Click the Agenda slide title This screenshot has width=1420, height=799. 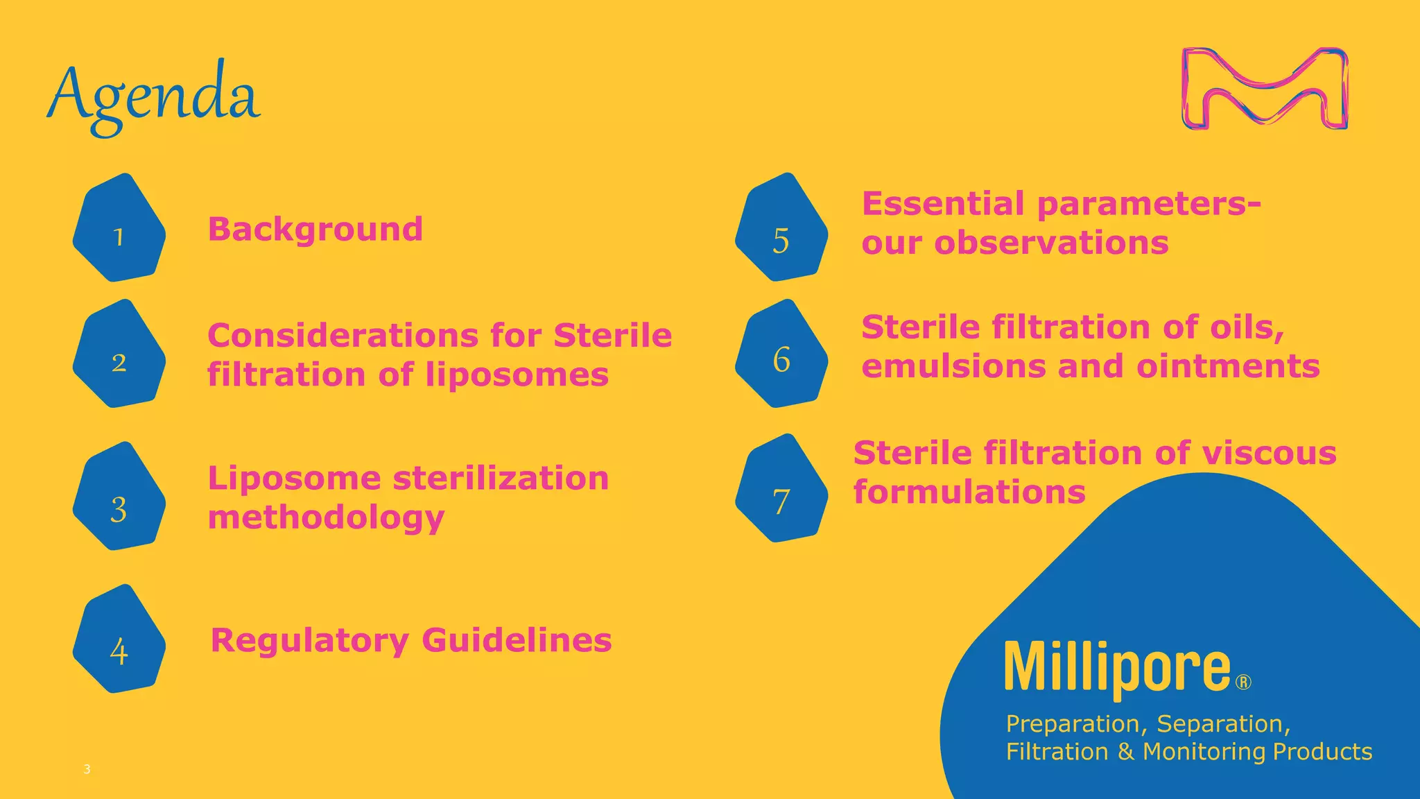coord(154,95)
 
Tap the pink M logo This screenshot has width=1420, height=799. coord(1265,88)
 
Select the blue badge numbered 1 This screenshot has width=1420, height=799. coord(119,229)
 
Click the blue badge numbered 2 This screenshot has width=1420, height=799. coord(119,354)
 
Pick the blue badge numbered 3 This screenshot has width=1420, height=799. coord(119,497)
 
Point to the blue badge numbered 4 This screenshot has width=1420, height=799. coord(119,639)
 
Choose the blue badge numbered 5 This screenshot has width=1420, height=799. coord(781,228)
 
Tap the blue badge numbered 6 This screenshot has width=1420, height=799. coord(781,354)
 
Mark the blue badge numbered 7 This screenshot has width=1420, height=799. coord(781,489)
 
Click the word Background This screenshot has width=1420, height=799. coord(315,229)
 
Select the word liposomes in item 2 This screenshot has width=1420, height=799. coord(517,375)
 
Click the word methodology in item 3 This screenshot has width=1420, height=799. coord(326,518)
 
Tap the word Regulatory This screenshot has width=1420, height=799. coord(309,640)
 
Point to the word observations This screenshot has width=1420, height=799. coord(1051,243)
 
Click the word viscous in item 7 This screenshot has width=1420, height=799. coord(1269,454)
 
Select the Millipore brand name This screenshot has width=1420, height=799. coord(1118,667)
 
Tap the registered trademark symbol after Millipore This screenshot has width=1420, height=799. coord(1244,683)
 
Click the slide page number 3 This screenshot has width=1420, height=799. coord(87,768)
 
